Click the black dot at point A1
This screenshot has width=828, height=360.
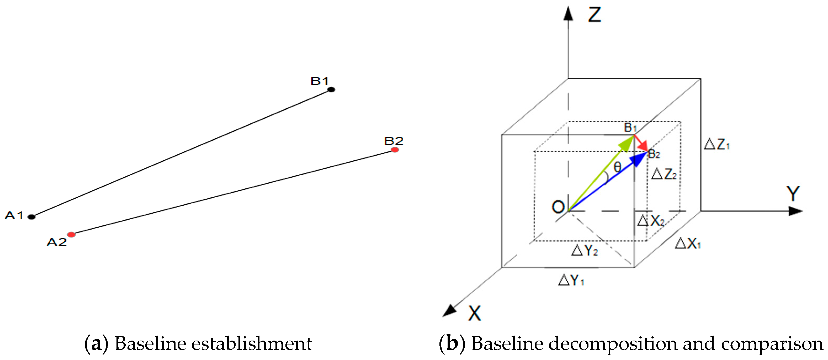pyautogui.click(x=31, y=217)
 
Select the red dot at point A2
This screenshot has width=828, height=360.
pyautogui.click(x=71, y=235)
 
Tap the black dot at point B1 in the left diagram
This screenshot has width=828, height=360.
pyautogui.click(x=331, y=90)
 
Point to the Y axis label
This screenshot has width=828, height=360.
pyautogui.click(x=793, y=194)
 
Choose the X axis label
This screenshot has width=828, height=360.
pyautogui.click(x=474, y=313)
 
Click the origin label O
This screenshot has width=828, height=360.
pyautogui.click(x=558, y=207)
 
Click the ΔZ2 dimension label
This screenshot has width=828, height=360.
pyautogui.click(x=664, y=174)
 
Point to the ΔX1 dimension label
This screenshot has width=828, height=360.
pyautogui.click(x=688, y=243)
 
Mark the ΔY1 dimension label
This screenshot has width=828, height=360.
pyautogui.click(x=571, y=280)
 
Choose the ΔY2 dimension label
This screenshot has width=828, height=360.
pyautogui.click(x=584, y=250)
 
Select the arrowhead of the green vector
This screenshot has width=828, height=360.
pyautogui.click(x=627, y=143)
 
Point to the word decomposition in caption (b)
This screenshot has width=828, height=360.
pyautogui.click(x=614, y=344)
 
